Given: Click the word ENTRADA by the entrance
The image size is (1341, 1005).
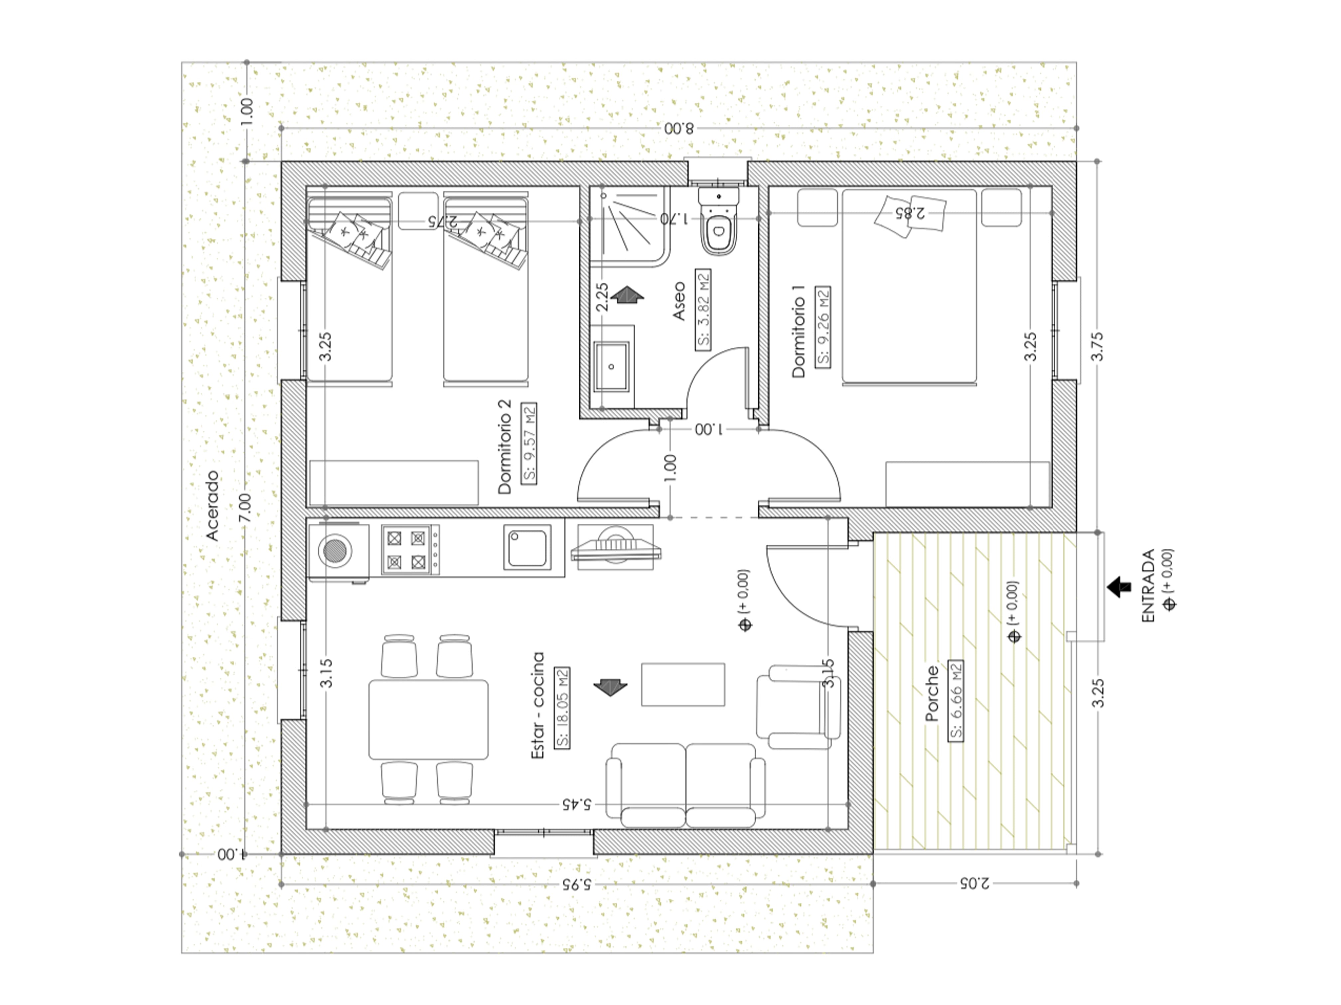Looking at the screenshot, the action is pyautogui.click(x=1148, y=586).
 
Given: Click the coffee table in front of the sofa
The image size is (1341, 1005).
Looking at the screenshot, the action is pyautogui.click(x=683, y=684).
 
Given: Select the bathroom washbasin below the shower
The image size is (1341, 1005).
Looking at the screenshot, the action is pyautogui.click(x=612, y=367).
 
